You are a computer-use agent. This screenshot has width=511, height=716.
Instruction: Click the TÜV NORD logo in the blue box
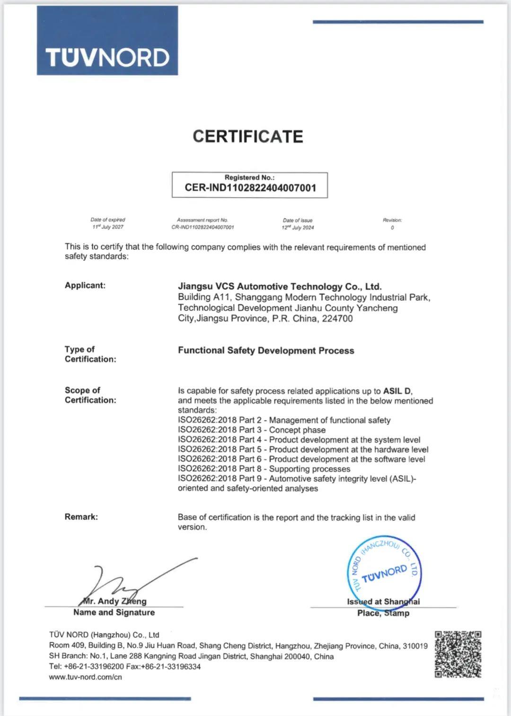pyautogui.click(x=107, y=58)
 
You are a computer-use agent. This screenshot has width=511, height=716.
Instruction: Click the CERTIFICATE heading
pyautogui.click(x=247, y=137)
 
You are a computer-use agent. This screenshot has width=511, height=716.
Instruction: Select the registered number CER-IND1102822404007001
pyautogui.click(x=250, y=188)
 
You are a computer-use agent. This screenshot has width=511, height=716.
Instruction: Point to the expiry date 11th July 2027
pyautogui.click(x=108, y=227)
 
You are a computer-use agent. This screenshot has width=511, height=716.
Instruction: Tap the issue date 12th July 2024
pyautogui.click(x=298, y=227)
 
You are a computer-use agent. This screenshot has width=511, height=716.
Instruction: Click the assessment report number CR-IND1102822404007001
pyautogui.click(x=203, y=227)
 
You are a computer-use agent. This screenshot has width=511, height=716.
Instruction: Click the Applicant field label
pyautogui.click(x=85, y=285)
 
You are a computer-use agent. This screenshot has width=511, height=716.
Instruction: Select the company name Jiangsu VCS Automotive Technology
pyautogui.click(x=280, y=286)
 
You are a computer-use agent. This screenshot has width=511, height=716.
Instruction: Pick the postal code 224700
pyautogui.click(x=337, y=318)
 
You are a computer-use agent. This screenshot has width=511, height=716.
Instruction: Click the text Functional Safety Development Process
pyautogui.click(x=266, y=350)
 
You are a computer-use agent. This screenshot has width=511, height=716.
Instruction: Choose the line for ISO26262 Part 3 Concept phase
pyautogui.click(x=252, y=430)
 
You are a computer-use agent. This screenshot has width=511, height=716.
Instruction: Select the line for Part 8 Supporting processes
pyautogui.click(x=264, y=469)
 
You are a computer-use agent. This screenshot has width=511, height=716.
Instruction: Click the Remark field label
pyautogui.click(x=81, y=517)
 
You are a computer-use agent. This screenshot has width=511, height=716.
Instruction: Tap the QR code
pyautogui.click(x=458, y=654)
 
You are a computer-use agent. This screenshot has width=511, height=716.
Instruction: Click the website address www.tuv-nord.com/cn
pyautogui.click(x=85, y=677)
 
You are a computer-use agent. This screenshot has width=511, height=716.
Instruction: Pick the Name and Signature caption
pyautogui.click(x=114, y=612)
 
